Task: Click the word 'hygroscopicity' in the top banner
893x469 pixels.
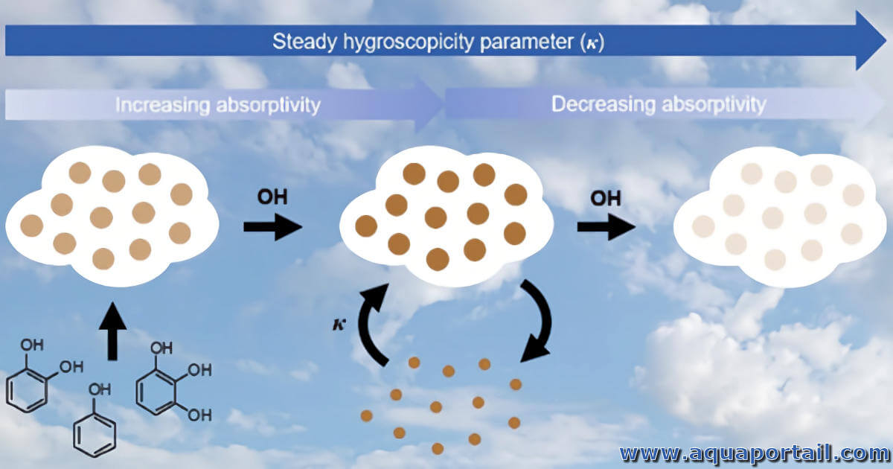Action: [x=409, y=42]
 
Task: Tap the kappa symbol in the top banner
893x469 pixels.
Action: [x=592, y=43]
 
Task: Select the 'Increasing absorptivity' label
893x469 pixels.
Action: [x=217, y=106]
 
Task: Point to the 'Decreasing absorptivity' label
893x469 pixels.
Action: [x=659, y=105]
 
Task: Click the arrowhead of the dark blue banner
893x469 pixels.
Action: [x=870, y=41]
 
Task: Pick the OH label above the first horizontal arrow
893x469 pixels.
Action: [x=272, y=197]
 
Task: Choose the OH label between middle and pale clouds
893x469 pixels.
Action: [x=606, y=198]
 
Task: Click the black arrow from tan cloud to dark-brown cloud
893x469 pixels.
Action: [x=273, y=227]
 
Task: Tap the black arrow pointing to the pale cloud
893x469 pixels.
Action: [x=606, y=227]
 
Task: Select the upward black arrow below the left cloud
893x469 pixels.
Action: [x=113, y=332]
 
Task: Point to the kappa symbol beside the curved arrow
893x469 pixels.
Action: [x=339, y=325]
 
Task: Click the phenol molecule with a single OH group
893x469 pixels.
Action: [x=95, y=421]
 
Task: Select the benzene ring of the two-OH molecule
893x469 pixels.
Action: [x=27, y=392]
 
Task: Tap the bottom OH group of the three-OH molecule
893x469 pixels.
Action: [x=200, y=415]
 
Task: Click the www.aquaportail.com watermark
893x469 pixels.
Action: [x=755, y=453]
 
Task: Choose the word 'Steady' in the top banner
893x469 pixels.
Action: [x=304, y=42]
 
